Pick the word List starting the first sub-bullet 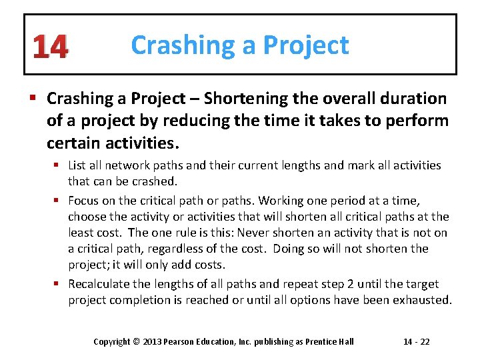(77, 165)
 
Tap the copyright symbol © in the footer (135, 342)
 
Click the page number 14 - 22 (416, 342)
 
